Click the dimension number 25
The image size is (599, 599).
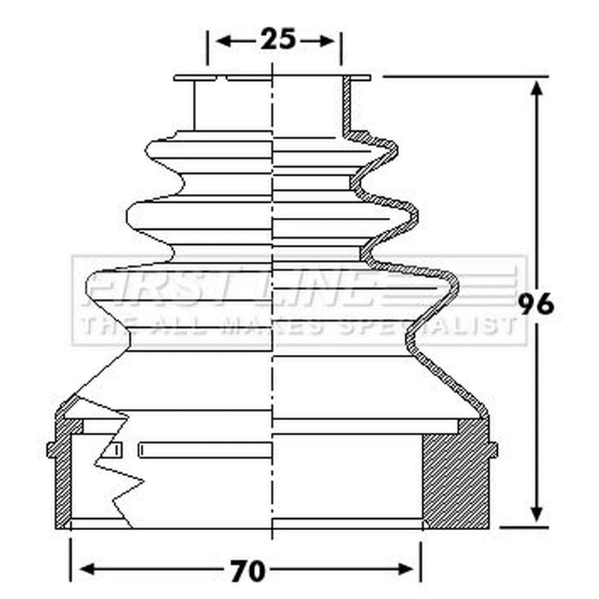(x=278, y=39)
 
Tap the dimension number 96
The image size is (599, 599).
(x=535, y=305)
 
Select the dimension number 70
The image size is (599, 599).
(x=248, y=571)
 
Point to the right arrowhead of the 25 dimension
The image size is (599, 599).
(x=326, y=40)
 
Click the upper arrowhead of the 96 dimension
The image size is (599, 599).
(x=537, y=91)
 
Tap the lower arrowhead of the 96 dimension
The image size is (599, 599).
(x=537, y=513)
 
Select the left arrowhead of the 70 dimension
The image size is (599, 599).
(x=88, y=569)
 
